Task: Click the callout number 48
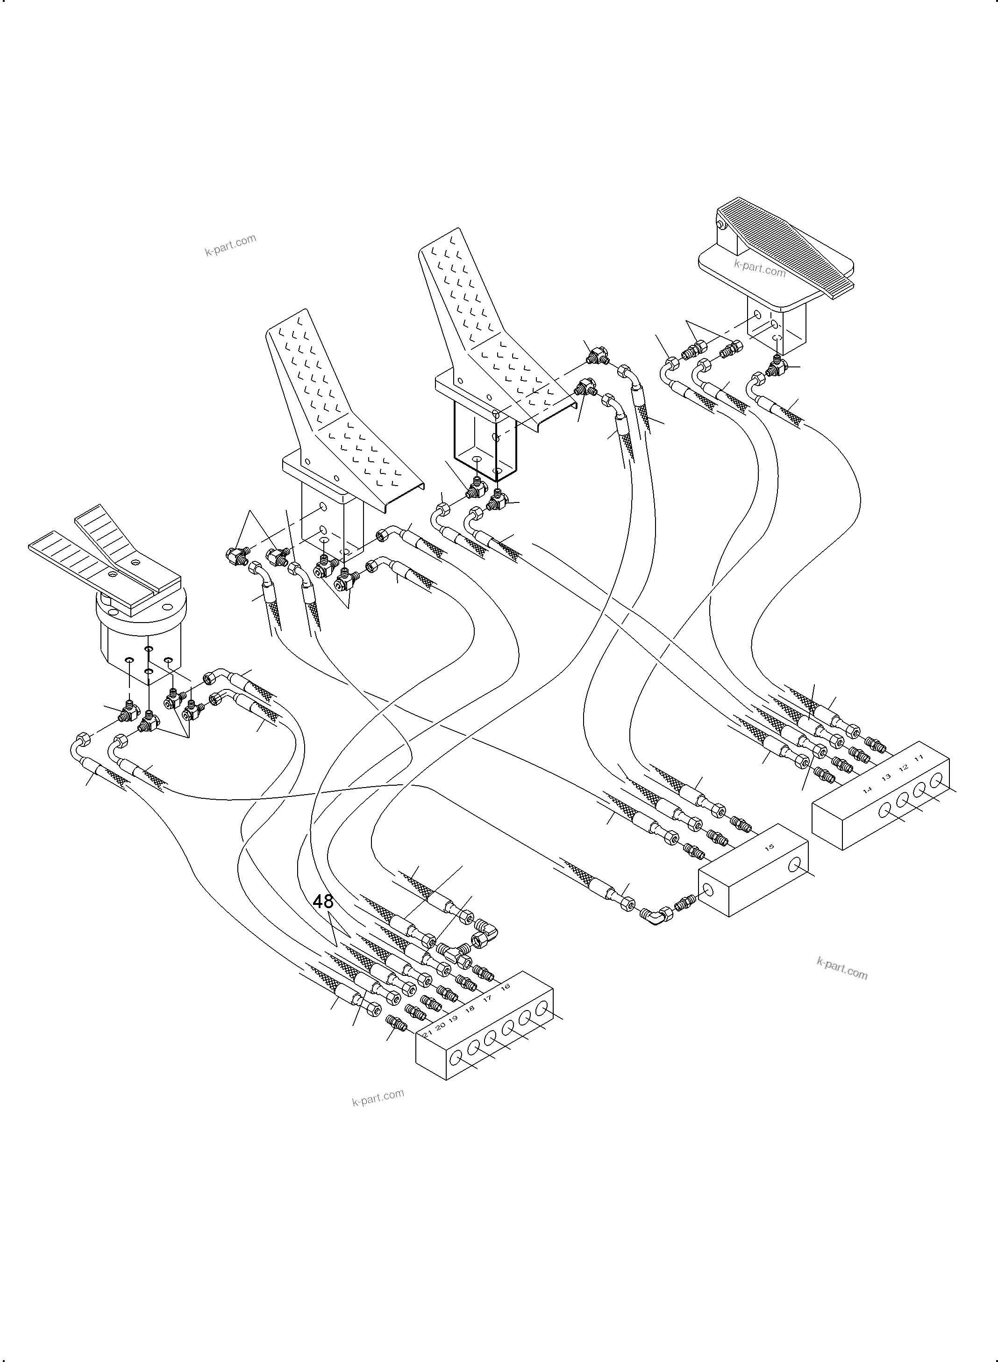(323, 902)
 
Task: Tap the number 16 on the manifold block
(506, 986)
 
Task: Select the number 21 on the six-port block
(427, 1034)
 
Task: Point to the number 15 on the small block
(769, 847)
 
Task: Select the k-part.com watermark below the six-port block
(378, 1097)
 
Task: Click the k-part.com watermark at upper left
(230, 245)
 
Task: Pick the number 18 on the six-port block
(470, 1008)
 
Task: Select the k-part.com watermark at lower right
(841, 968)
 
